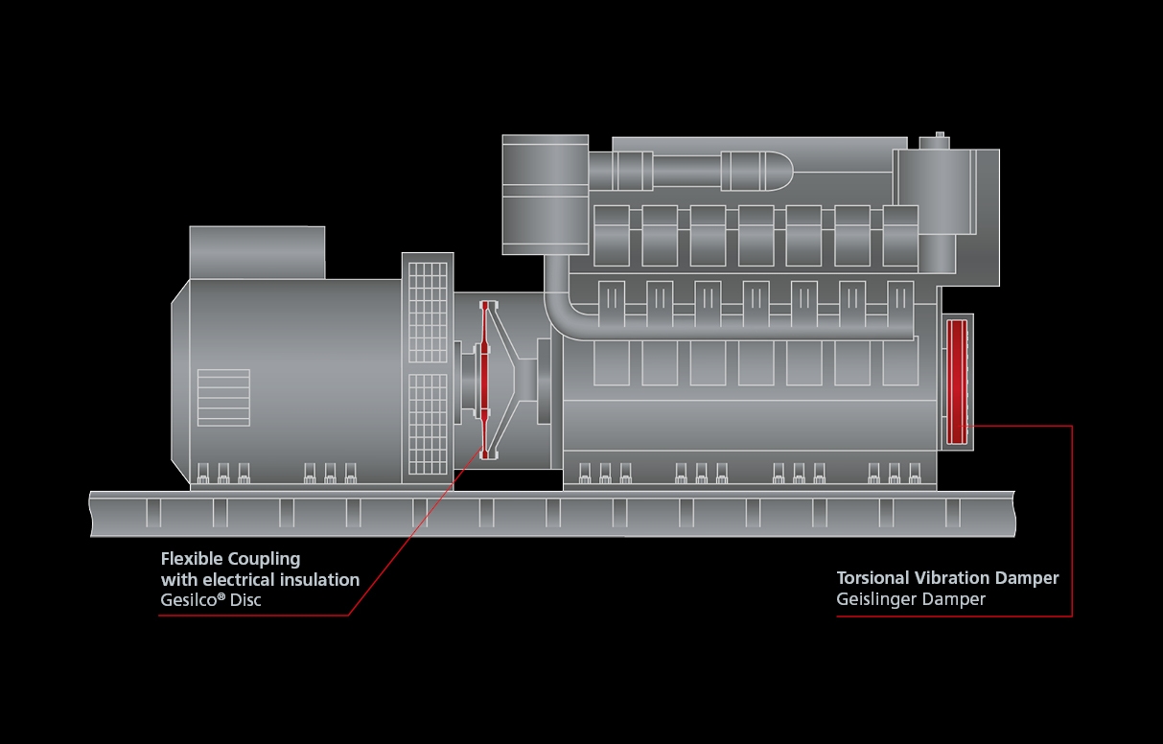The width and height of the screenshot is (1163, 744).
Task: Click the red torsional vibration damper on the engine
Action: click(x=956, y=382)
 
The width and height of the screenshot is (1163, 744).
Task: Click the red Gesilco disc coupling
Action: click(x=485, y=379)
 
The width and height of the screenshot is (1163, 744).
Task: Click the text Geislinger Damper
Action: click(x=910, y=599)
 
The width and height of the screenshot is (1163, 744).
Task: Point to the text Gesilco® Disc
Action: click(x=210, y=600)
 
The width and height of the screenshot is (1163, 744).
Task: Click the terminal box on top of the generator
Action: click(x=257, y=252)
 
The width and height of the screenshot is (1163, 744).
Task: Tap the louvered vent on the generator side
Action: click(x=222, y=396)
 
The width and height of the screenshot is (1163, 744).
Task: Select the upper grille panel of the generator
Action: click(x=428, y=312)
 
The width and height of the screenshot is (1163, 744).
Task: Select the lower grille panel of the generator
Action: click(x=428, y=422)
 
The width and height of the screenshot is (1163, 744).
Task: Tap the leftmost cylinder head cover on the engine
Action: click(x=612, y=235)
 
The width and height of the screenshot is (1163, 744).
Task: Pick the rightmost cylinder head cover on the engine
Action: click(x=900, y=235)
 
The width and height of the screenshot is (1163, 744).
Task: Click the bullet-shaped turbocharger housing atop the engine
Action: click(x=756, y=172)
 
